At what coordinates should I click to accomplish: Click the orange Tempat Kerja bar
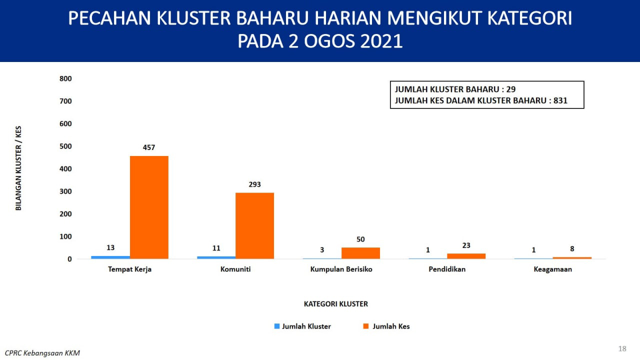(x=149, y=207)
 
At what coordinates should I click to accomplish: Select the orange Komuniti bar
(x=254, y=225)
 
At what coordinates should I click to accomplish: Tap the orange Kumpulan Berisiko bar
(x=360, y=253)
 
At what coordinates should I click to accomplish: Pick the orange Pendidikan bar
(x=466, y=256)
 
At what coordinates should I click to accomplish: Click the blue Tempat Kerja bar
(x=110, y=257)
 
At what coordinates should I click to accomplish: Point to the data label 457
(x=149, y=147)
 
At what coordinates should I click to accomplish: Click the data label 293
(x=254, y=184)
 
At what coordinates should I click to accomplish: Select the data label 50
(x=360, y=239)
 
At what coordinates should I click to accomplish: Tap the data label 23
(x=466, y=245)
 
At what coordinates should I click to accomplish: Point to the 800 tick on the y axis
(x=65, y=78)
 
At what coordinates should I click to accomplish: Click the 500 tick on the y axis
(x=65, y=146)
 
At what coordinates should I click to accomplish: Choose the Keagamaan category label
(x=553, y=269)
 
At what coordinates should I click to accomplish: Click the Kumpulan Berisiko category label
(x=341, y=269)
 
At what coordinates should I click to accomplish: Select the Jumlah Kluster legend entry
(x=302, y=326)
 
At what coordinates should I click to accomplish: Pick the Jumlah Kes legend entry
(x=386, y=326)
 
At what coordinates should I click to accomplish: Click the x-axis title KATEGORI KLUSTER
(x=335, y=303)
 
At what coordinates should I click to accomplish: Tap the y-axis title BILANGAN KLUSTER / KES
(x=18, y=168)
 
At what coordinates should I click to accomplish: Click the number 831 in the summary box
(x=560, y=100)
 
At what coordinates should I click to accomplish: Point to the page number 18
(x=622, y=348)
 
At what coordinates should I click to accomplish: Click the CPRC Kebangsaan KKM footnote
(x=42, y=353)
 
